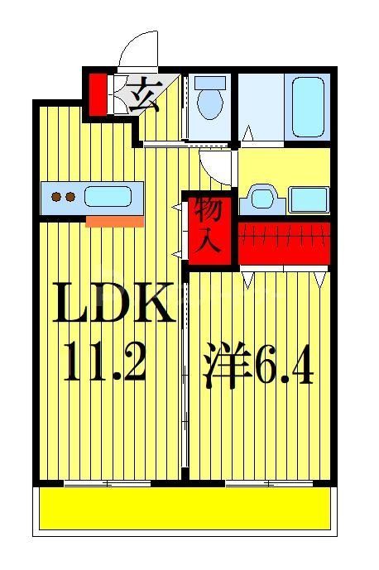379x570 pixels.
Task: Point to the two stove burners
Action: click(x=63, y=197)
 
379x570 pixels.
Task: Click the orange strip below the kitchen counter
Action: click(x=114, y=221)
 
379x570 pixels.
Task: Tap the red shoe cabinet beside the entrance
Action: click(x=98, y=93)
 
